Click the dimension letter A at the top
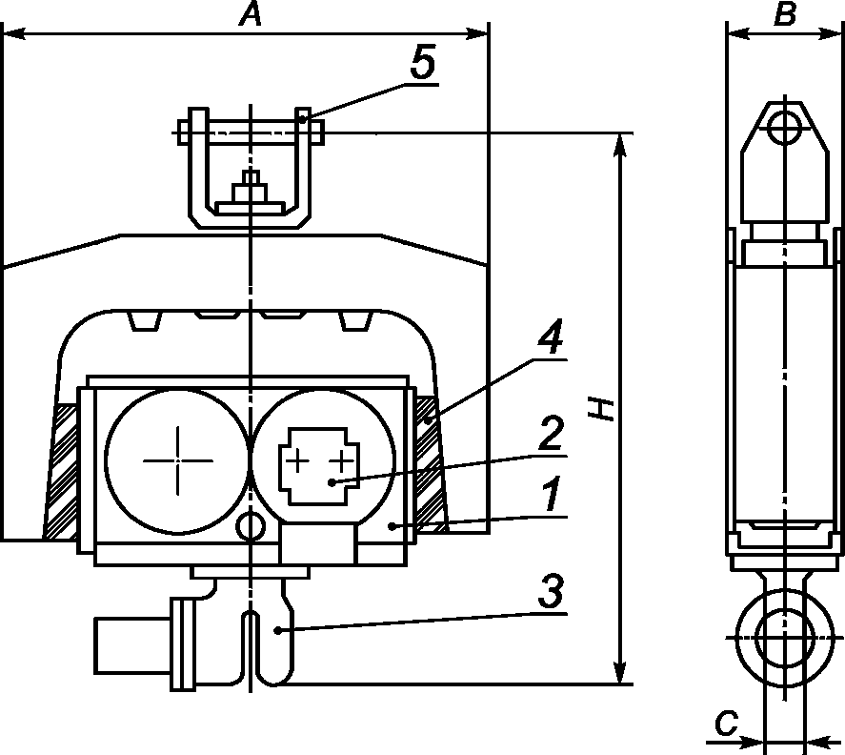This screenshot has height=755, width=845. (251, 14)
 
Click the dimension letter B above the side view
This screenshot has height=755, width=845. (785, 14)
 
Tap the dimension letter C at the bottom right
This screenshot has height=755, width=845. (727, 724)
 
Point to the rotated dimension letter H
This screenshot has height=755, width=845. (601, 409)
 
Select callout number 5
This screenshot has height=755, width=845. (423, 63)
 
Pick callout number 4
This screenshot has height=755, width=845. (550, 336)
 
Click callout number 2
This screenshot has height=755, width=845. (552, 433)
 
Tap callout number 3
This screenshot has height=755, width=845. (551, 590)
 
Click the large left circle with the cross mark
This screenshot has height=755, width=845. (178, 460)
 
